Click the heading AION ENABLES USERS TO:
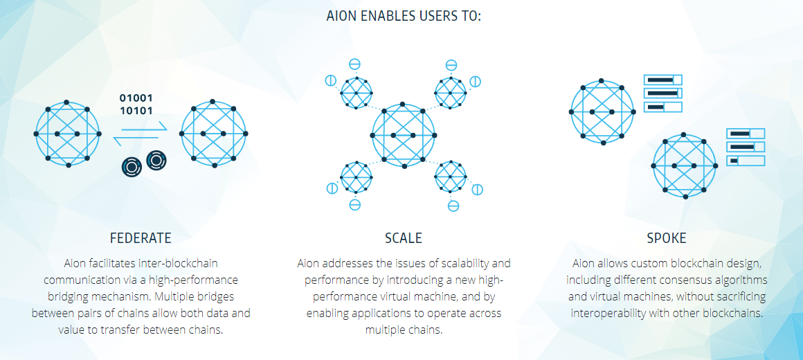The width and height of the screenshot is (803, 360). click(404, 17)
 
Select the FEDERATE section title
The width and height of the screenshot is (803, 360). click(141, 238)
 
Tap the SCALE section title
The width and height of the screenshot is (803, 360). click(404, 238)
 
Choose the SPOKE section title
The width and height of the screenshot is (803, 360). click(666, 238)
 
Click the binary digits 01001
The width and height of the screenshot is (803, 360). click(136, 98)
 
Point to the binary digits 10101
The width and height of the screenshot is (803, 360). click(136, 110)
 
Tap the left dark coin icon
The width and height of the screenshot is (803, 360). click(132, 167)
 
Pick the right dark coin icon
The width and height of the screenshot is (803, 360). click(156, 161)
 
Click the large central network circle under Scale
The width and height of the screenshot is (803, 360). click(404, 135)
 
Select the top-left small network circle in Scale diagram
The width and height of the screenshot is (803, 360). click(357, 93)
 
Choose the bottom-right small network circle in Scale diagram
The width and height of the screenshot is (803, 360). click(451, 177)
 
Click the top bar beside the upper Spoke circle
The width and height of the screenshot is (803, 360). click(662, 80)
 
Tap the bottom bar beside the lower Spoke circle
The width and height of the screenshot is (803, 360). click(746, 161)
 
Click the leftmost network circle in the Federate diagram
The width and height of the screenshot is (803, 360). click(68, 134)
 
